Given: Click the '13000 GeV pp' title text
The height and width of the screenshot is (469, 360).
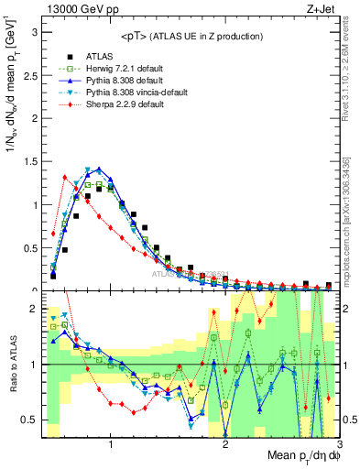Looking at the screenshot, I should click(x=75, y=9).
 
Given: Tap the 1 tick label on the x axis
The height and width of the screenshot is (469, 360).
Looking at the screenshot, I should click(x=112, y=444).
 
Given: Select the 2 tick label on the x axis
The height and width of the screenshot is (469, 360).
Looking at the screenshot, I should click(x=226, y=444).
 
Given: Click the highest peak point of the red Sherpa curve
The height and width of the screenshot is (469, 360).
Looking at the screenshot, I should click(x=65, y=177).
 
